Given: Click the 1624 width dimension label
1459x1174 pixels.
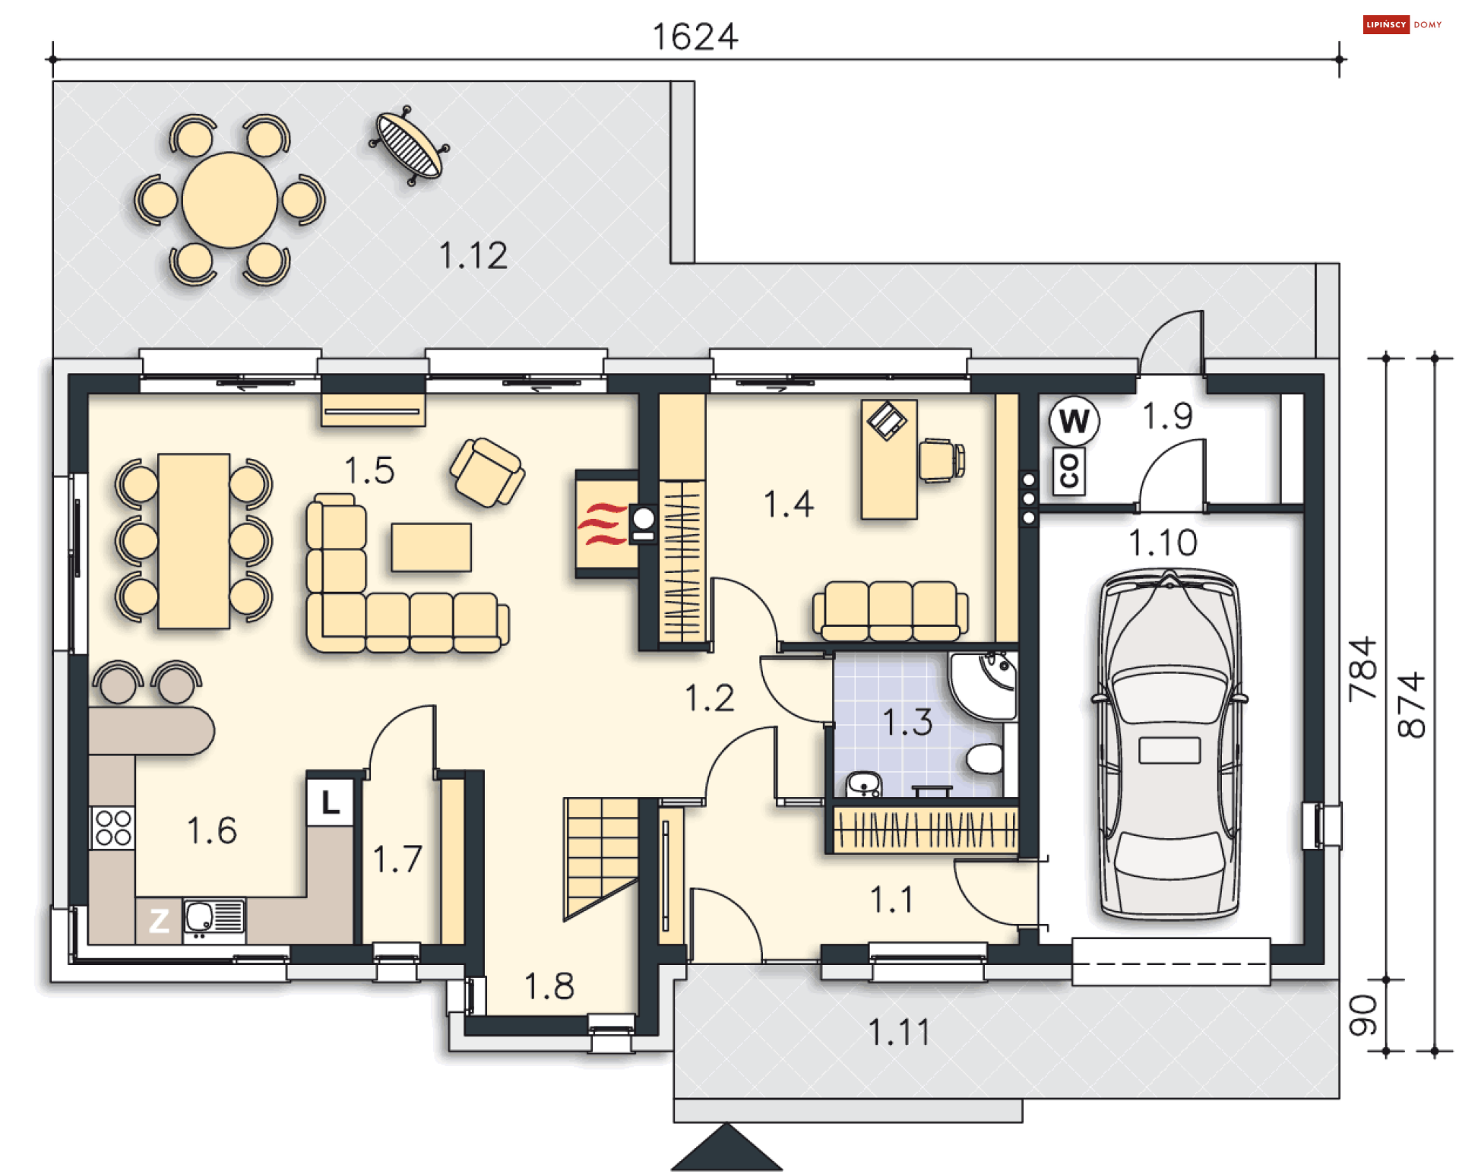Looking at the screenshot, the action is tap(695, 36).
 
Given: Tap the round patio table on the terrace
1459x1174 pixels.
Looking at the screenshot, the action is tap(229, 200).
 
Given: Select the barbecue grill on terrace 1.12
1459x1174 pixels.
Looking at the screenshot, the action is tap(409, 145).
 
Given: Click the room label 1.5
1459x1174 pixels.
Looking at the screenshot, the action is tap(369, 470).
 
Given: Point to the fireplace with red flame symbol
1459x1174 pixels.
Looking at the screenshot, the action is tap(606, 524).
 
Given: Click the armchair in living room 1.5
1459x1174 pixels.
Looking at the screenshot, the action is tap(487, 472).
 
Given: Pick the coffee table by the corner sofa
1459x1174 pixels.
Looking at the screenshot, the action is tap(431, 547).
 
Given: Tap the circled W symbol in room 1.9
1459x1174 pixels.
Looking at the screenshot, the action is tap(1074, 421).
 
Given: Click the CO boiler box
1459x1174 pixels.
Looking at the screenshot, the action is tap(1068, 472).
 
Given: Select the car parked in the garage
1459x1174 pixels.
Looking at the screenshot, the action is tap(1169, 744).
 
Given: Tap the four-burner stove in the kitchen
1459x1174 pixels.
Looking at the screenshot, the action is tap(113, 827).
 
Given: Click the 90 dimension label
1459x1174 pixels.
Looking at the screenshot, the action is tap(1362, 1015).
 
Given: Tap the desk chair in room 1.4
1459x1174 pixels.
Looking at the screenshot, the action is tap(941, 459).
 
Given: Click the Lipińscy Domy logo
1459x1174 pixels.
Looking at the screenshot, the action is tap(1402, 24).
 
